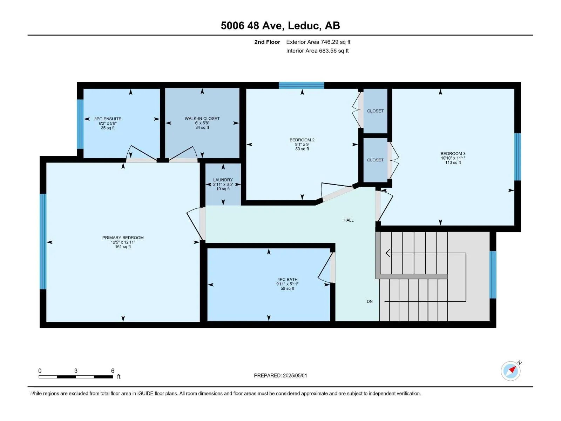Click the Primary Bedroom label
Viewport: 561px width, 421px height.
pos(123,238)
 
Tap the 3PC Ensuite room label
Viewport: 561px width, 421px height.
pos(108,119)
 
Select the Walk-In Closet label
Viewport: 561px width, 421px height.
pos(202,119)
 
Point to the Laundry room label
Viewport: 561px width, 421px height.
pos(223,180)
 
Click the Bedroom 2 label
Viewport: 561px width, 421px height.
pos(302,140)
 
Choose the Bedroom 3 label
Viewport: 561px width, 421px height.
pos(453,154)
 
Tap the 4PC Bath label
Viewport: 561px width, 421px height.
pos(287,280)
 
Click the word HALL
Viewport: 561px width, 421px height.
pos(349,220)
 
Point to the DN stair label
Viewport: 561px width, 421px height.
pos(370,302)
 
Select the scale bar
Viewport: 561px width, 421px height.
pos(76,377)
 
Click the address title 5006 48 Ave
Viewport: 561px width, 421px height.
pos(252,26)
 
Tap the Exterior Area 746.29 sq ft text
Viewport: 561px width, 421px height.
pos(318,42)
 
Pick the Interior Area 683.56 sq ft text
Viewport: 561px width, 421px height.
pos(317,51)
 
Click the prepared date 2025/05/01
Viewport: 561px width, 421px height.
pos(295,375)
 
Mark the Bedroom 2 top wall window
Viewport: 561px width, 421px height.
pos(301,85)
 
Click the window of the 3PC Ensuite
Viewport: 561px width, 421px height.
pos(80,124)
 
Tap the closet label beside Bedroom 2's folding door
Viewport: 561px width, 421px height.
pos(375,111)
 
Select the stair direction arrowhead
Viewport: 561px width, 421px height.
pos(388,253)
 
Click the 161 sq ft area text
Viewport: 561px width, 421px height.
pos(123,247)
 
